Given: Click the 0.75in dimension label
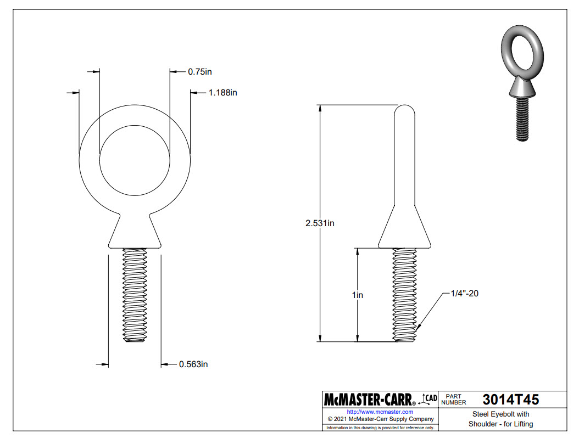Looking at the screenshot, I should click(200, 71).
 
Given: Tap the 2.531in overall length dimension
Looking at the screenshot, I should click(320, 223).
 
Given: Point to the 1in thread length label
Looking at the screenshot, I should click(358, 295).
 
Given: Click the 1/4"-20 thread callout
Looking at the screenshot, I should click(465, 294).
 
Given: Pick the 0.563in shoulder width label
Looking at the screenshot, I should click(193, 364).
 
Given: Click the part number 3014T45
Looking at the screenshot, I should click(510, 399).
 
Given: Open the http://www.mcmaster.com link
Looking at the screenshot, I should click(380, 412).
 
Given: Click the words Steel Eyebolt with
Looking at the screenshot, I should click(500, 414).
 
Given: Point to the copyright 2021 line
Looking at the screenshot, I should click(380, 419).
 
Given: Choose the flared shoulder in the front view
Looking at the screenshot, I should click(135, 231).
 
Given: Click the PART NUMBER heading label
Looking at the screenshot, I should click(453, 399).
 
